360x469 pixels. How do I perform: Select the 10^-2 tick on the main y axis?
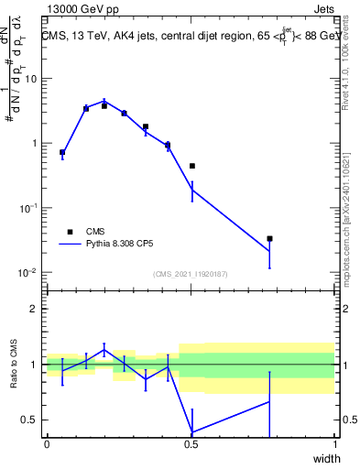[x=29, y=273]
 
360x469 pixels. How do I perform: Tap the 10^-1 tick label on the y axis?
[x=29, y=208]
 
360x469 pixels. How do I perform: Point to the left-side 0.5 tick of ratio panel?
[x=30, y=420]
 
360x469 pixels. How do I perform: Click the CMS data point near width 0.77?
[x=269, y=238]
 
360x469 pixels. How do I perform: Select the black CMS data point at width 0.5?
[x=191, y=166]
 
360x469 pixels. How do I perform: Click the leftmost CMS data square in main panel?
[x=62, y=152]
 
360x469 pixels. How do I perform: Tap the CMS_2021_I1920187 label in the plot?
[x=190, y=274]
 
